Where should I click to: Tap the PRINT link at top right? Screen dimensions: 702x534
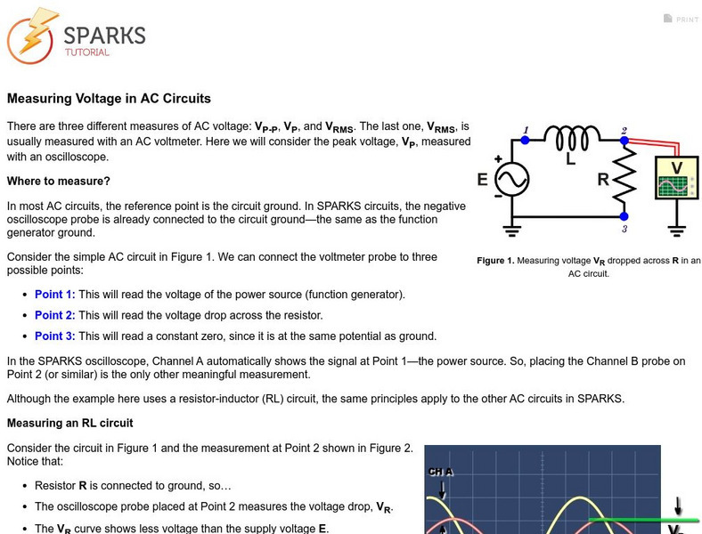(x=682, y=19)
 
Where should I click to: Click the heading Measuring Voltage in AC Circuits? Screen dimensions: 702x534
(x=109, y=99)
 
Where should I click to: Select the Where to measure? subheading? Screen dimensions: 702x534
(x=59, y=181)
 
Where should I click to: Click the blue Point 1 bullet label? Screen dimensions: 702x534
(x=54, y=295)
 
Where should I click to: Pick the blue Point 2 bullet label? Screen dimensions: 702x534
(x=54, y=315)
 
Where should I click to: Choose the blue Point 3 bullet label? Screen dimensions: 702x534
(x=54, y=336)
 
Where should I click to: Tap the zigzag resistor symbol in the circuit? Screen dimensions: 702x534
(x=624, y=178)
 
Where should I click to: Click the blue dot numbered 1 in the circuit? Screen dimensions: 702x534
(x=525, y=140)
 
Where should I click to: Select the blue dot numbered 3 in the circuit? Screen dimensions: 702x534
(x=624, y=216)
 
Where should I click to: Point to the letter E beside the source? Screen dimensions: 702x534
(x=482, y=180)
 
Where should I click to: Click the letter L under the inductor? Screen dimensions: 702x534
(x=571, y=161)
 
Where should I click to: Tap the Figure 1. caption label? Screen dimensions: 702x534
(x=495, y=261)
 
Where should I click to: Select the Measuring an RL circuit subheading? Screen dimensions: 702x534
(x=69, y=422)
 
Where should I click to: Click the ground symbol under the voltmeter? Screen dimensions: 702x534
(x=677, y=230)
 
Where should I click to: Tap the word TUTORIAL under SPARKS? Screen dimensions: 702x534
(x=86, y=53)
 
